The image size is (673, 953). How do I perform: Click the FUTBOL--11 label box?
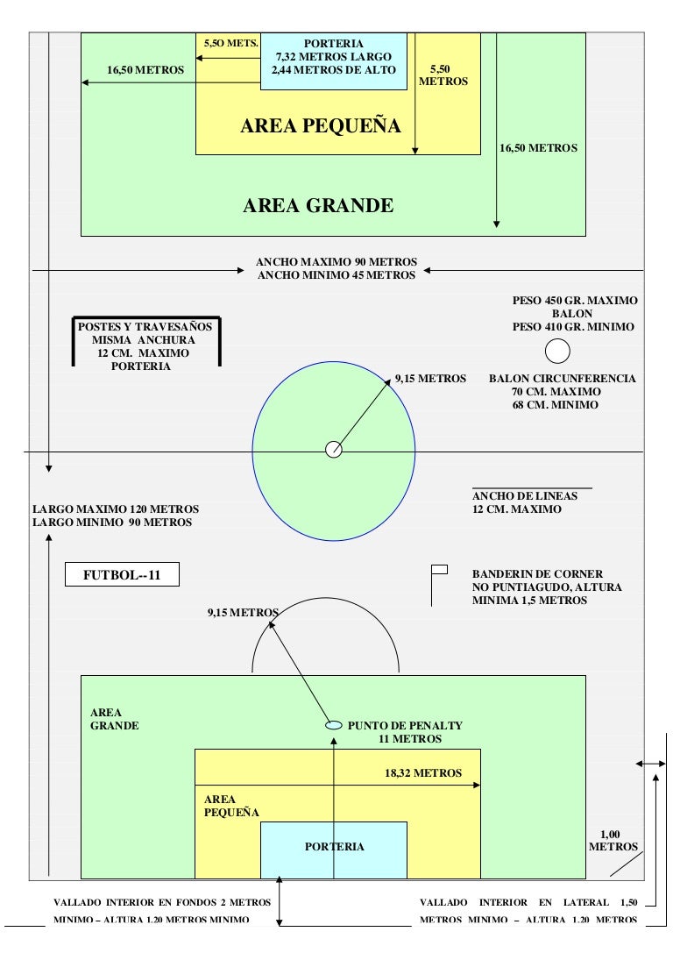[x=122, y=574]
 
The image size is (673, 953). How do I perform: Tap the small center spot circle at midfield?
[x=334, y=450]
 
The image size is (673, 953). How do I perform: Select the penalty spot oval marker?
[x=334, y=725]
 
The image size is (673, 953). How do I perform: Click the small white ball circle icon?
[x=557, y=351]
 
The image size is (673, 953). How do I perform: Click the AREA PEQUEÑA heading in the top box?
[x=321, y=126]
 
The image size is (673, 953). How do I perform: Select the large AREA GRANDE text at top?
[x=318, y=205]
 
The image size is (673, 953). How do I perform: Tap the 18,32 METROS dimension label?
[x=423, y=773]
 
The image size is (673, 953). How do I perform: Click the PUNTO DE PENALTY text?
[x=405, y=725]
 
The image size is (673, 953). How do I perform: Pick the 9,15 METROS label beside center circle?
[x=430, y=379]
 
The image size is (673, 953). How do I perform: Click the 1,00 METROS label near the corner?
[x=613, y=841]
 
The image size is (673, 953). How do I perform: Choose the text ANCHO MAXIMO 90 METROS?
[x=336, y=262]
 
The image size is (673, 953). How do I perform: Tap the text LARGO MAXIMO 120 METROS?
[x=116, y=509]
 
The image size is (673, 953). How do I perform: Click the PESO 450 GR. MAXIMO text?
[x=575, y=300]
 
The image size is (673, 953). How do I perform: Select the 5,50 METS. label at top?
[x=230, y=43]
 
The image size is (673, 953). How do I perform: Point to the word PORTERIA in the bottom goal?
[x=335, y=847]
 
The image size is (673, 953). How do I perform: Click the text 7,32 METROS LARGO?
[x=334, y=56]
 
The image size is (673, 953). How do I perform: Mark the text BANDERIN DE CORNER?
[x=537, y=573]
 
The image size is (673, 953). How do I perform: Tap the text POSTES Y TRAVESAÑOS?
[x=145, y=326]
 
